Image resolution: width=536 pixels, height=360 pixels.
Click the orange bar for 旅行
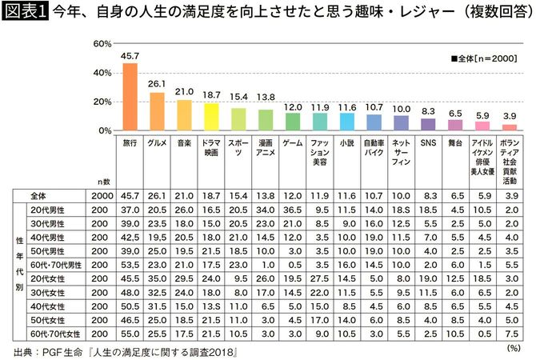(x=130, y=96)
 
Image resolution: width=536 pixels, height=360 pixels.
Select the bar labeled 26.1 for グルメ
(x=157, y=111)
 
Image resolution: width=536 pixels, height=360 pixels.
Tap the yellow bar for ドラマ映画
(x=211, y=117)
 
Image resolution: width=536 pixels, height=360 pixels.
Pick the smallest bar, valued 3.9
(x=510, y=127)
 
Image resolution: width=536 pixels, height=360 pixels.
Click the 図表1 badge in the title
(x=25, y=12)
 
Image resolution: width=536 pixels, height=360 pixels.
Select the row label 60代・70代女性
(x=54, y=332)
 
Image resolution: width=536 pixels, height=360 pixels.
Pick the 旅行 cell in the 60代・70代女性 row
(x=130, y=332)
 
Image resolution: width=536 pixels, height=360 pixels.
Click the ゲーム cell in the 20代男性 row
(x=293, y=208)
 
